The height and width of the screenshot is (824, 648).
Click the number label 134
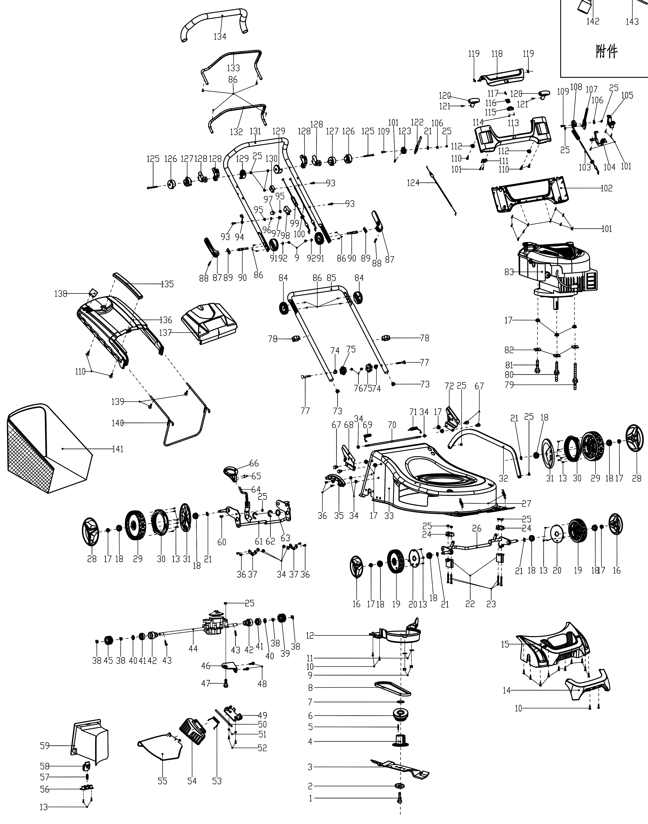tap(220, 37)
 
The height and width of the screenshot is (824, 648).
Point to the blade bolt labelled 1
tap(399, 798)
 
